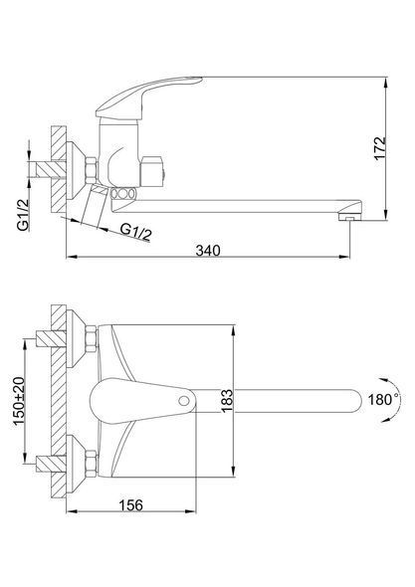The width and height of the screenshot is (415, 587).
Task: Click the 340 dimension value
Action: (208, 250)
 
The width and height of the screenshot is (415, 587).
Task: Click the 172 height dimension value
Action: (380, 148)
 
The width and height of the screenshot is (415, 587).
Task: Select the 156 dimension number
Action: (131, 505)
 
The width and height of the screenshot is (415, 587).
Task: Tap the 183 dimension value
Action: (227, 401)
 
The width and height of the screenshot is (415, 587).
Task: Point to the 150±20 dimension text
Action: (19, 401)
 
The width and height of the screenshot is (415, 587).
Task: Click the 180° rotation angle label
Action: (382, 399)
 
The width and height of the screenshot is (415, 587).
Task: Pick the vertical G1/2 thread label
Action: (23, 215)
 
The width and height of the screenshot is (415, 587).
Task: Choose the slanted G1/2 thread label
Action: (136, 232)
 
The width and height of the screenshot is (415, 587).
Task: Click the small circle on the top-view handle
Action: (184, 401)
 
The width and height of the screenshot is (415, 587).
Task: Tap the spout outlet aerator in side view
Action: (349, 216)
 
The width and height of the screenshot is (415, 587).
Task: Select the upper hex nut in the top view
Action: (91, 339)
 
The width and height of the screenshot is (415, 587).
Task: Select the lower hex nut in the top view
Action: (91, 464)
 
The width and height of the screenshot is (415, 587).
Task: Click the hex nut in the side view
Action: (91, 171)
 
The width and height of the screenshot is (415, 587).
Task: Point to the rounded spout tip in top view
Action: (354, 401)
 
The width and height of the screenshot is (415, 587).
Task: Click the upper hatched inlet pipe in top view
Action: (51, 338)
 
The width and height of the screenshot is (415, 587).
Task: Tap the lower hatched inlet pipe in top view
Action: (51, 464)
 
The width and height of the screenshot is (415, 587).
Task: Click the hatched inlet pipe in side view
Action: (51, 170)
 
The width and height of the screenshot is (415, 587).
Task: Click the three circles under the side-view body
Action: (122, 194)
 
